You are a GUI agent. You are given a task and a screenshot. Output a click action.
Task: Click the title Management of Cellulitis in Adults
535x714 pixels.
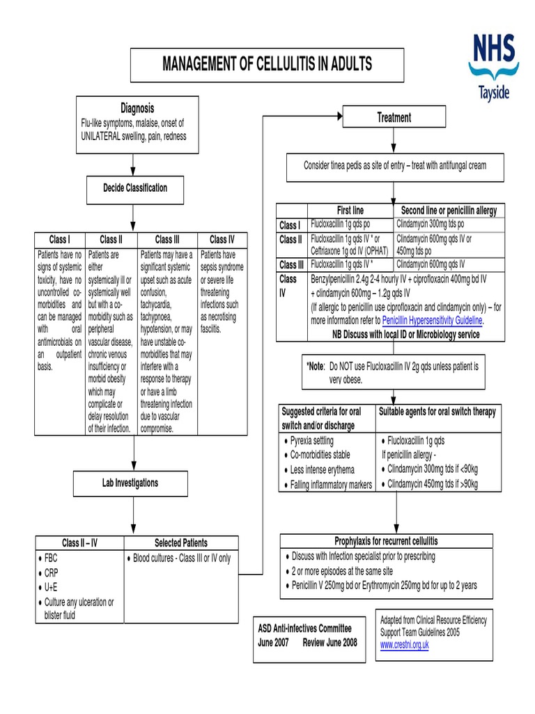(x=267, y=65)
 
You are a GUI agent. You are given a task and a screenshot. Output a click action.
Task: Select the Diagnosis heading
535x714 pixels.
(x=137, y=108)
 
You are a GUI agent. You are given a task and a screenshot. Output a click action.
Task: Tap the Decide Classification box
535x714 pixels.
(x=135, y=188)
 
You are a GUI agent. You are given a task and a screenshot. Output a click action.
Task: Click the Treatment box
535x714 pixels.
(x=394, y=117)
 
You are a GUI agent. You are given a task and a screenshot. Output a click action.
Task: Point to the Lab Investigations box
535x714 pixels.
(x=130, y=483)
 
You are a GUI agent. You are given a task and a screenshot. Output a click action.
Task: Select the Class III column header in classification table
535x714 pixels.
(x=168, y=239)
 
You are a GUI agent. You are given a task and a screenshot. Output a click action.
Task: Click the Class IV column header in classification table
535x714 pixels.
(x=222, y=239)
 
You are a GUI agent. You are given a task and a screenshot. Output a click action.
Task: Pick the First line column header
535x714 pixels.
(x=350, y=211)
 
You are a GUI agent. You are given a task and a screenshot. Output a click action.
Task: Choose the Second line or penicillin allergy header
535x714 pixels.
(x=449, y=211)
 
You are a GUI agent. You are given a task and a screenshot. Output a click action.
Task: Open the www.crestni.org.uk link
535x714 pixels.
(x=404, y=645)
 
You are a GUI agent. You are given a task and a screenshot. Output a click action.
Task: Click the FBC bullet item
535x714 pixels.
(x=52, y=559)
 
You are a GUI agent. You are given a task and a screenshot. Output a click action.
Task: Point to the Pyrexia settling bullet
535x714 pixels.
(x=311, y=441)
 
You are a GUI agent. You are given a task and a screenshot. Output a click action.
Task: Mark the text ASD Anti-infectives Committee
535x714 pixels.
(x=305, y=628)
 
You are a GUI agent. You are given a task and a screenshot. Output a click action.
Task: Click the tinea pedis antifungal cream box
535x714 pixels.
(x=394, y=165)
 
